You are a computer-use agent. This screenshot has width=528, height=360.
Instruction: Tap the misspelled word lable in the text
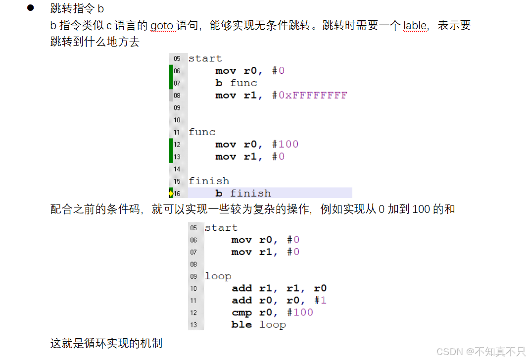click(415, 25)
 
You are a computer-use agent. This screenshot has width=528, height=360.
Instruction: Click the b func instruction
click(236, 83)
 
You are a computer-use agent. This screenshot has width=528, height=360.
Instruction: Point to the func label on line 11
click(202, 132)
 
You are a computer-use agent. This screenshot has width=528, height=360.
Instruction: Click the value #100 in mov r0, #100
click(286, 144)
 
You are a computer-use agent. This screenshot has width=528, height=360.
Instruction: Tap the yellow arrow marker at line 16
click(171, 193)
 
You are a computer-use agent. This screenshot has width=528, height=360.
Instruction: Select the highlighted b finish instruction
click(243, 193)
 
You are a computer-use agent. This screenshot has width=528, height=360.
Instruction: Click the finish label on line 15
click(209, 181)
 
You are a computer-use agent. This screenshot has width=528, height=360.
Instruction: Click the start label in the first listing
click(205, 58)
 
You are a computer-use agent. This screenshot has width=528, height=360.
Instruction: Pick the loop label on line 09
click(218, 276)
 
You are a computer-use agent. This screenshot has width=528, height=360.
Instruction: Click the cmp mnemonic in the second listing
click(241, 312)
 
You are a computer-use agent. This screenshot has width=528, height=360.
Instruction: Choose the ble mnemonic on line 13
click(241, 325)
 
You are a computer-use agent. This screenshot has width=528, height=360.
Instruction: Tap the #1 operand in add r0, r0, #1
click(321, 301)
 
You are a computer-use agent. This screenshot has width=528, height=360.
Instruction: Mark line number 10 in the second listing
click(193, 289)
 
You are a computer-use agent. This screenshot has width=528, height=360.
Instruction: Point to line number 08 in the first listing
click(177, 95)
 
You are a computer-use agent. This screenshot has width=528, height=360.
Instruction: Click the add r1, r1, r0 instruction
click(279, 288)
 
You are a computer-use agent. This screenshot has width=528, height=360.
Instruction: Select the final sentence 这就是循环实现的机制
click(106, 343)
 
